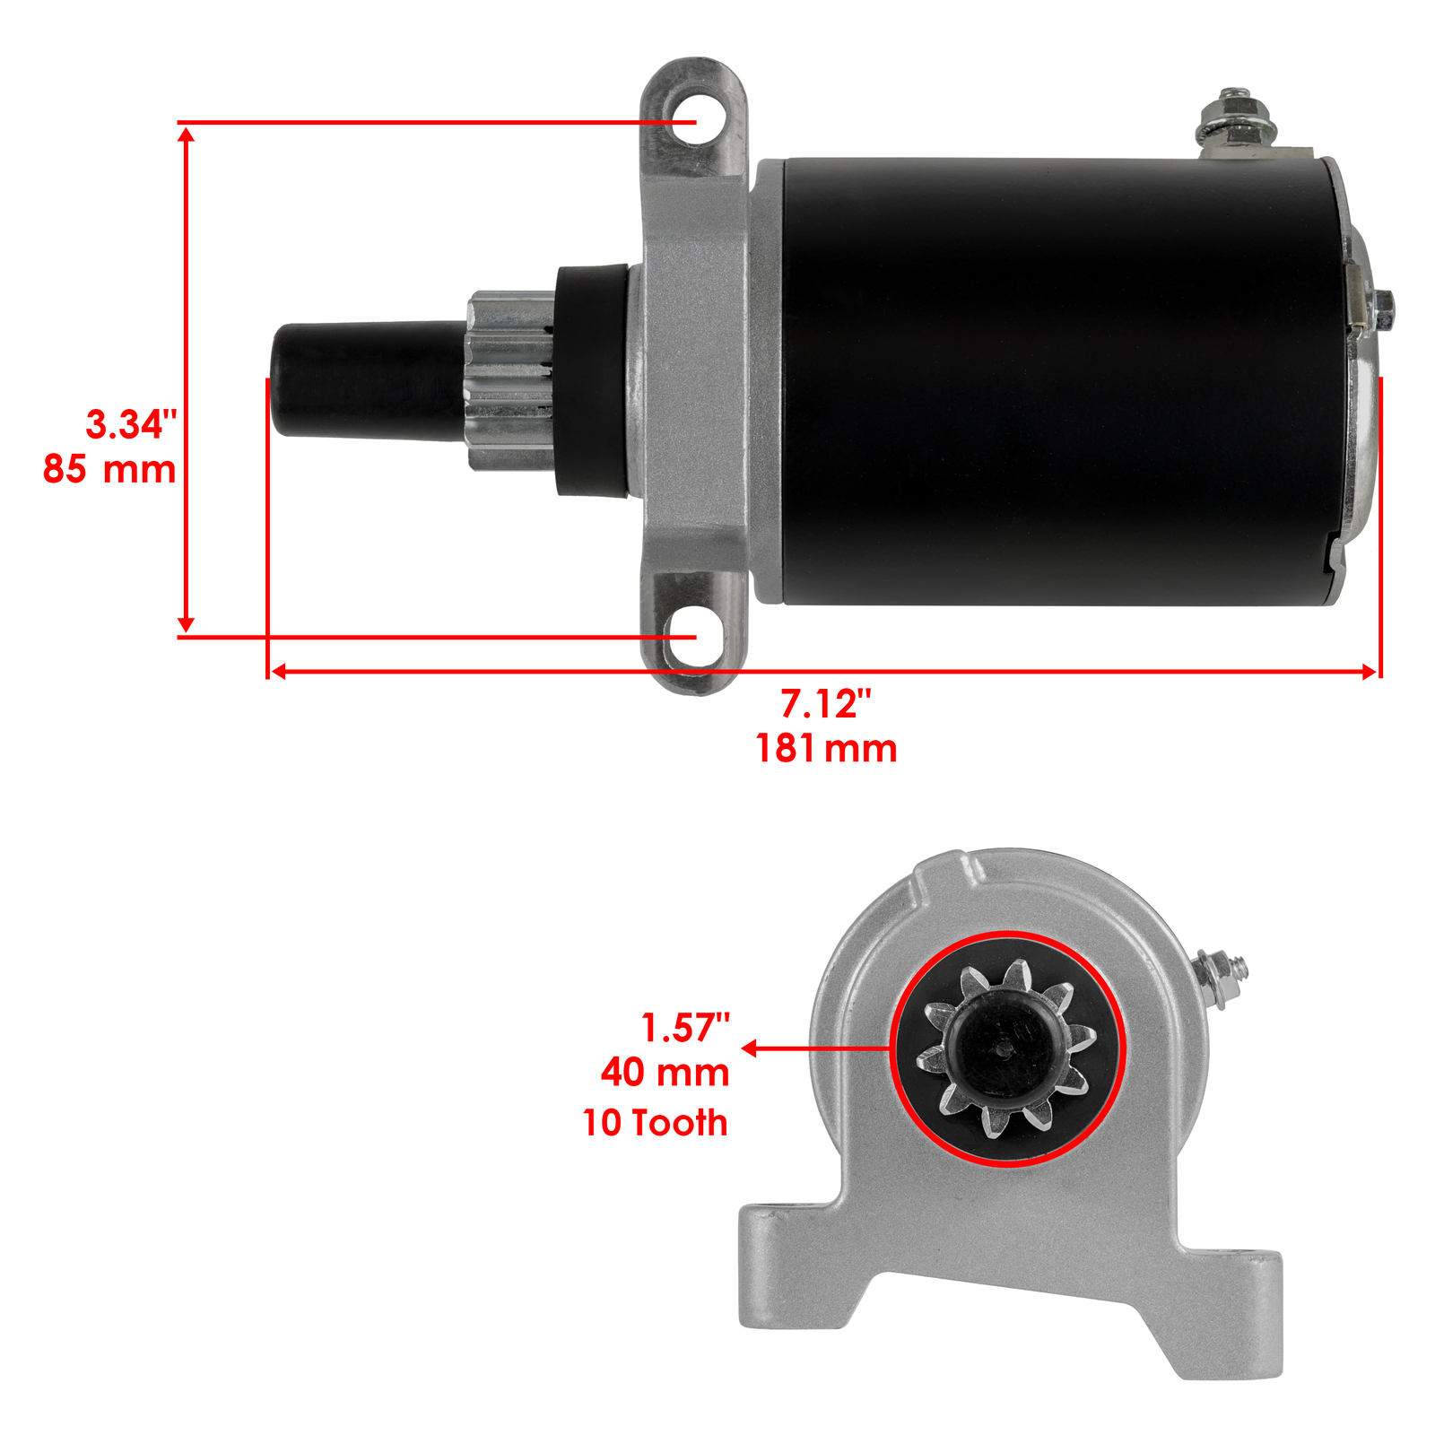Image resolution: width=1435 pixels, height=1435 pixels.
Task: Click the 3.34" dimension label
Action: (x=131, y=424)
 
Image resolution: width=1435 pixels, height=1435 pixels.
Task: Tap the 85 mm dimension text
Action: (x=109, y=469)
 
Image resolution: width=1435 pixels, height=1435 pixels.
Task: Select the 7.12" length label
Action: (x=825, y=704)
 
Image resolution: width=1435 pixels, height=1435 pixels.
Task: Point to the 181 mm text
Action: (x=826, y=749)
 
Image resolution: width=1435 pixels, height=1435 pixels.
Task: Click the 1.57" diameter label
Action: (x=685, y=1028)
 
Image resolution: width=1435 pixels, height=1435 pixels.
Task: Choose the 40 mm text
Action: (x=665, y=1073)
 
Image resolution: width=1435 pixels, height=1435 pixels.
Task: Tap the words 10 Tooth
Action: (x=655, y=1123)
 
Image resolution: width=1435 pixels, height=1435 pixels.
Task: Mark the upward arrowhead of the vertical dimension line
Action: (x=186, y=135)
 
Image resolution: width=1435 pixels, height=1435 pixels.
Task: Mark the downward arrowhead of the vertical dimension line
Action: (x=186, y=624)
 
